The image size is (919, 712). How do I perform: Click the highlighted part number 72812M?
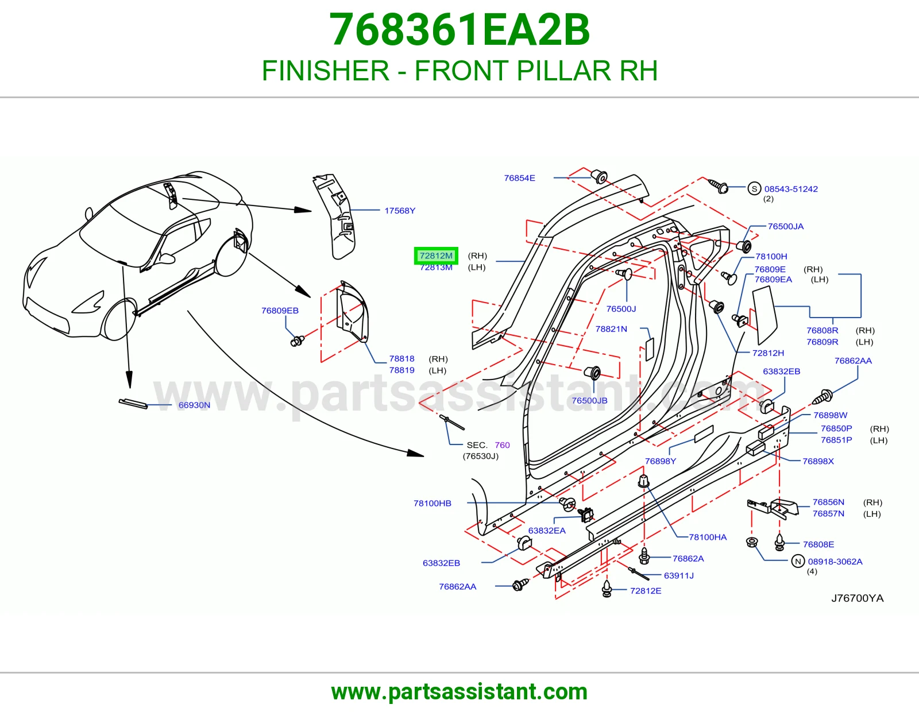pyautogui.click(x=435, y=256)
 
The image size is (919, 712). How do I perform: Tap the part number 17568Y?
pyautogui.click(x=400, y=211)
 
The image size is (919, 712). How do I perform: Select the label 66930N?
pyautogui.click(x=194, y=405)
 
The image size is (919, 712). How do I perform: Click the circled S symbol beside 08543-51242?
pyautogui.click(x=754, y=188)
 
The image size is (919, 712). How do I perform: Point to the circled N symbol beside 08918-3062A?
pyautogui.click(x=798, y=562)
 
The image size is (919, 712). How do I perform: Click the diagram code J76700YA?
pyautogui.click(x=857, y=598)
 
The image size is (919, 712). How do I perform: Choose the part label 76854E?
pyautogui.click(x=519, y=178)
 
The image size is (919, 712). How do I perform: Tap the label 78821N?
pyautogui.click(x=611, y=329)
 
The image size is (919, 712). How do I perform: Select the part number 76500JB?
pyautogui.click(x=589, y=400)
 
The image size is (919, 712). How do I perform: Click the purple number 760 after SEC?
pyautogui.click(x=502, y=445)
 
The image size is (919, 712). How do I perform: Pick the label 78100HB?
pyautogui.click(x=433, y=503)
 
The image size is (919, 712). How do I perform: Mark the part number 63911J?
pyautogui.click(x=679, y=575)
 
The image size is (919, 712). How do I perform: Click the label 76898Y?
pyautogui.click(x=660, y=461)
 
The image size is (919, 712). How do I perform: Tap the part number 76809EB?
pyautogui.click(x=280, y=310)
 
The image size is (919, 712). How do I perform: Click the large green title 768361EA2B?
pyautogui.click(x=459, y=30)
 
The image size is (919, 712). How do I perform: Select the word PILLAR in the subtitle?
pyautogui.click(x=563, y=71)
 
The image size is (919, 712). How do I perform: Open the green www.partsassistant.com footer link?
pyautogui.click(x=459, y=692)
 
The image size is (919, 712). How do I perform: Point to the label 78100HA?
pyautogui.click(x=708, y=537)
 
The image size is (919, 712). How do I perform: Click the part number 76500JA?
pyautogui.click(x=785, y=226)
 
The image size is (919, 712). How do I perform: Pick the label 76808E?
pyautogui.click(x=818, y=544)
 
